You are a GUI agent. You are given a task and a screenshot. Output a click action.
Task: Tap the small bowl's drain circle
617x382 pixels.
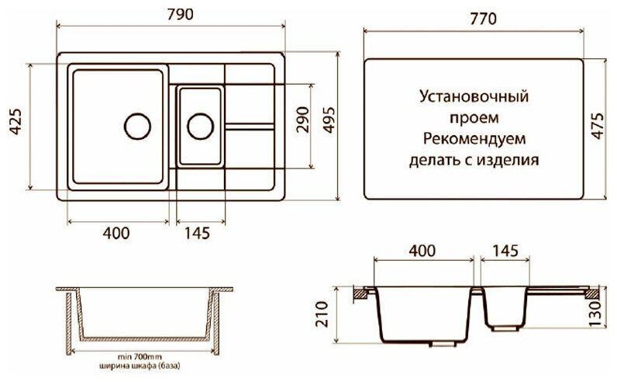point(198,125)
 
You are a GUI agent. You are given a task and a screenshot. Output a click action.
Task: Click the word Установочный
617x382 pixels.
point(473,99)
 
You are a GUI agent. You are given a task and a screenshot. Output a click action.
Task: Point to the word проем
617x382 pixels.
point(473,120)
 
